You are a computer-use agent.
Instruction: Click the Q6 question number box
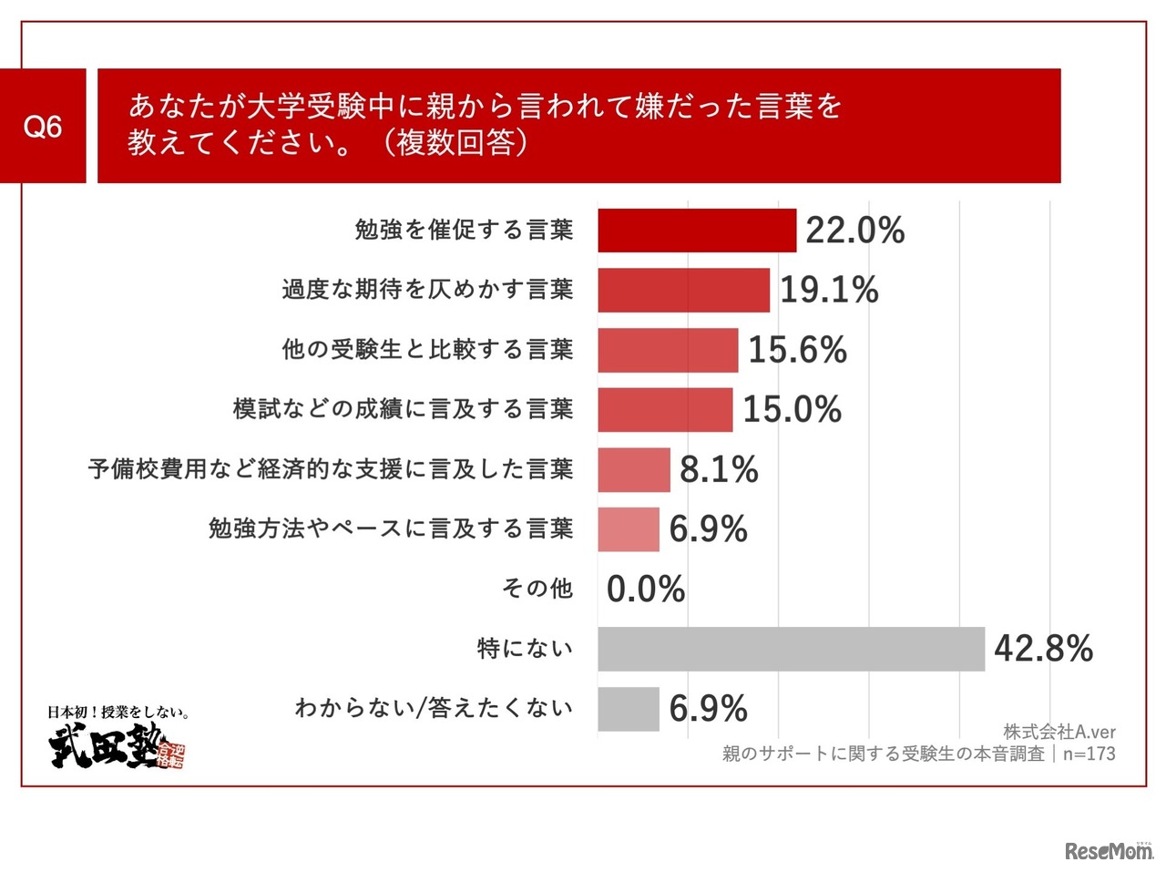(43, 126)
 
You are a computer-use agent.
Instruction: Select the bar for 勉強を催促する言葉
(697, 231)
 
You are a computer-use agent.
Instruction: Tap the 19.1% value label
(829, 291)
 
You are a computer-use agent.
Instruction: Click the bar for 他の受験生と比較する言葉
(668, 350)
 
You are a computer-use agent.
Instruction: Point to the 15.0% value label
(792, 410)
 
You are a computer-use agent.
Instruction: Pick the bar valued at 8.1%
(634, 470)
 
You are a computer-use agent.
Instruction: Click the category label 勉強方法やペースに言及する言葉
(391, 528)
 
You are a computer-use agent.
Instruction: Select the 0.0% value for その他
(645, 590)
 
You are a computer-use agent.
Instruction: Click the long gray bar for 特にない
(791, 649)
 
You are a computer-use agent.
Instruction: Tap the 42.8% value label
(1043, 649)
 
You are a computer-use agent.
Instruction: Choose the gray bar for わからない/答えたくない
(629, 709)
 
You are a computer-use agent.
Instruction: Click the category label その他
(537, 589)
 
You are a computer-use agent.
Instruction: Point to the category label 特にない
(525, 649)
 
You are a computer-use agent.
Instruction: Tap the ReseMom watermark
(1108, 851)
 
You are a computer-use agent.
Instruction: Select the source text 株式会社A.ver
(1059, 732)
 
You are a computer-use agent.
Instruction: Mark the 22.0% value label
(854, 231)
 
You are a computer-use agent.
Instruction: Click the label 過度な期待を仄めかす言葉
(427, 290)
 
